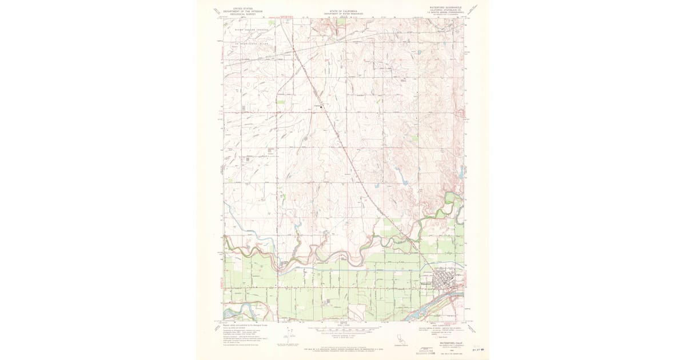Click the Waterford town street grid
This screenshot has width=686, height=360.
(448, 282)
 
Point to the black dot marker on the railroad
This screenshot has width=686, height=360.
(321, 106)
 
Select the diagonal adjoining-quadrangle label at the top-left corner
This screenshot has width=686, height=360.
(216, 11)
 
